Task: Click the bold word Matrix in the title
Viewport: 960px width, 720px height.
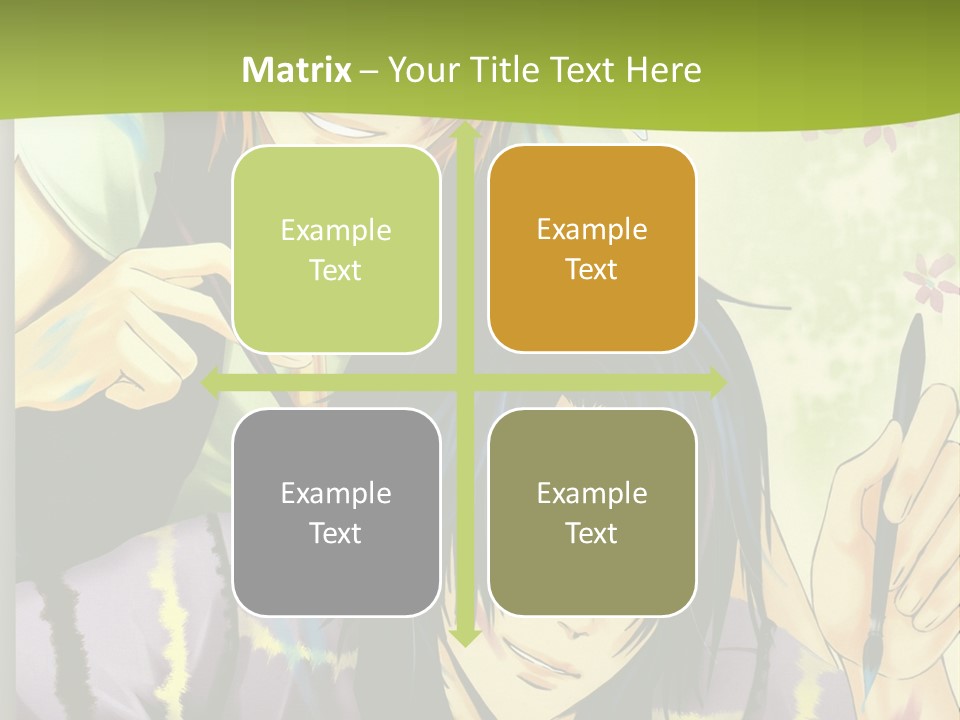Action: point(297,70)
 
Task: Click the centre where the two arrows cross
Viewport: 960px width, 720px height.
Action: point(464,382)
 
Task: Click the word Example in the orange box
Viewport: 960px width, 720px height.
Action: point(592,229)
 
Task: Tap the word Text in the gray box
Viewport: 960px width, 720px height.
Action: point(336,533)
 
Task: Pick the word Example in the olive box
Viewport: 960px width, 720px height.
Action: point(592,493)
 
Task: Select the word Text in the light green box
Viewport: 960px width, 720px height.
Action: point(336,270)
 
